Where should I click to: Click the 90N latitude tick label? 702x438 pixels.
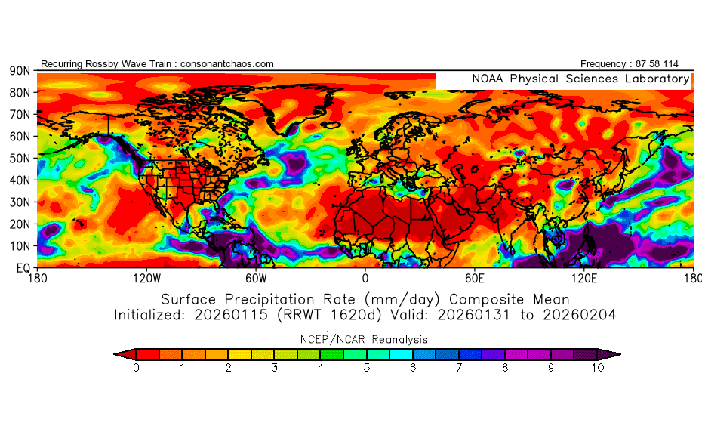point(20,71)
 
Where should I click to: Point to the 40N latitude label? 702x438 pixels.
point(20,180)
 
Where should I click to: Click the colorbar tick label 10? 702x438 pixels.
point(598,369)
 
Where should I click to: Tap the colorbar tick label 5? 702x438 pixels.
point(367,369)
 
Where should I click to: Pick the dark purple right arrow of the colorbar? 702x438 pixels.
point(611,353)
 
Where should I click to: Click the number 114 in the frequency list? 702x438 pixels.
point(682,64)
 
